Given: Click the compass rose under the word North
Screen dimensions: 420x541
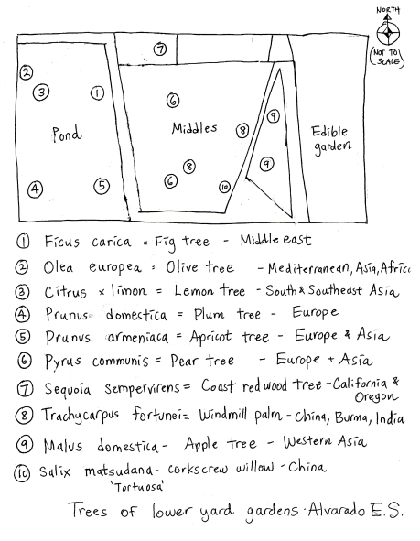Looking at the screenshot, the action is point(388,33).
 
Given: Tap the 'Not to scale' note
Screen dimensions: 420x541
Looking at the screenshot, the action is point(386,58).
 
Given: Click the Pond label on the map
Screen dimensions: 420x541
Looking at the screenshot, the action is point(67,134).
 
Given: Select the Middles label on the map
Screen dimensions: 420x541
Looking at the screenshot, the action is point(194,128).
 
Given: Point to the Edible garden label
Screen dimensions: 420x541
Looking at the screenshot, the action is point(331,140).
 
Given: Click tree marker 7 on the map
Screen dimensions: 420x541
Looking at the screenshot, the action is point(160,49).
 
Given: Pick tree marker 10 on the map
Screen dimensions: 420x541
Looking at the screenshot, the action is point(224,187).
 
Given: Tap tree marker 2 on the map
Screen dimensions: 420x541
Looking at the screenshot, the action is point(27,72).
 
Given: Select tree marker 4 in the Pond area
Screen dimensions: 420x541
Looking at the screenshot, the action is point(35,189).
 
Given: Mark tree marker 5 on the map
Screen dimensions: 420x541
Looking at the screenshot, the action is point(102,186).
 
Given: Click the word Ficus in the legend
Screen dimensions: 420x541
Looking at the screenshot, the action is point(61,241).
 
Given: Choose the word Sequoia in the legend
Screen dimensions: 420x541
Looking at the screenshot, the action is point(68,389).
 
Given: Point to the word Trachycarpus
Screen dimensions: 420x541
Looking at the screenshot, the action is point(80,415).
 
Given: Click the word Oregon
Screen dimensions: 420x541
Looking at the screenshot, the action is point(376,396).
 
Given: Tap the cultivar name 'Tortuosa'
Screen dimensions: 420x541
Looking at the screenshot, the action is point(136,487).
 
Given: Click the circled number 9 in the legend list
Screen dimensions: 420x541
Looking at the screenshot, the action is point(25,444).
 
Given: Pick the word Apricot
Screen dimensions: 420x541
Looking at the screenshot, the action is point(210,337).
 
